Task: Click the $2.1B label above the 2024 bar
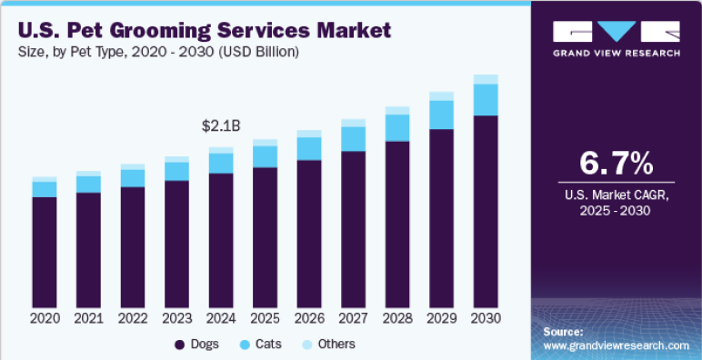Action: (x=220, y=125)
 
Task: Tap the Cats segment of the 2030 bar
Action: (x=486, y=99)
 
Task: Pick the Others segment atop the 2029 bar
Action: (x=441, y=95)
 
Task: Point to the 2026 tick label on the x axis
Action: (x=309, y=319)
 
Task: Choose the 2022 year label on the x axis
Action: (x=133, y=319)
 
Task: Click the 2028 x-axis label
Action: (x=397, y=319)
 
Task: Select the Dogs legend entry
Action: (x=197, y=345)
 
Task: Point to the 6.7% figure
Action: (x=617, y=164)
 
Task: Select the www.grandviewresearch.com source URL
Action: (x=616, y=345)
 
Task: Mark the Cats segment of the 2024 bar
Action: (x=220, y=163)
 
